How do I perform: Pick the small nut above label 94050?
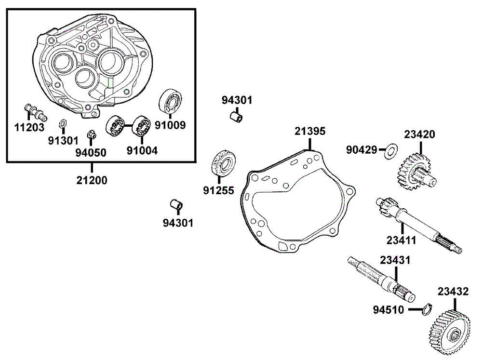pyautogui.click(x=90, y=134)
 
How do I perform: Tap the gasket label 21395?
pyautogui.click(x=310, y=131)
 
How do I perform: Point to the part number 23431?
pyautogui.click(x=395, y=260)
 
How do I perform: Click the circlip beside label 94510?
pyautogui.click(x=426, y=308)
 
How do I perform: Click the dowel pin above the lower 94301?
pyautogui.click(x=177, y=206)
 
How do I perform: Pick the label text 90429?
pyautogui.click(x=361, y=150)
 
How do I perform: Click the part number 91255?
pyautogui.click(x=218, y=191)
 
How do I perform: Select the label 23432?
pyautogui.click(x=453, y=291)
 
